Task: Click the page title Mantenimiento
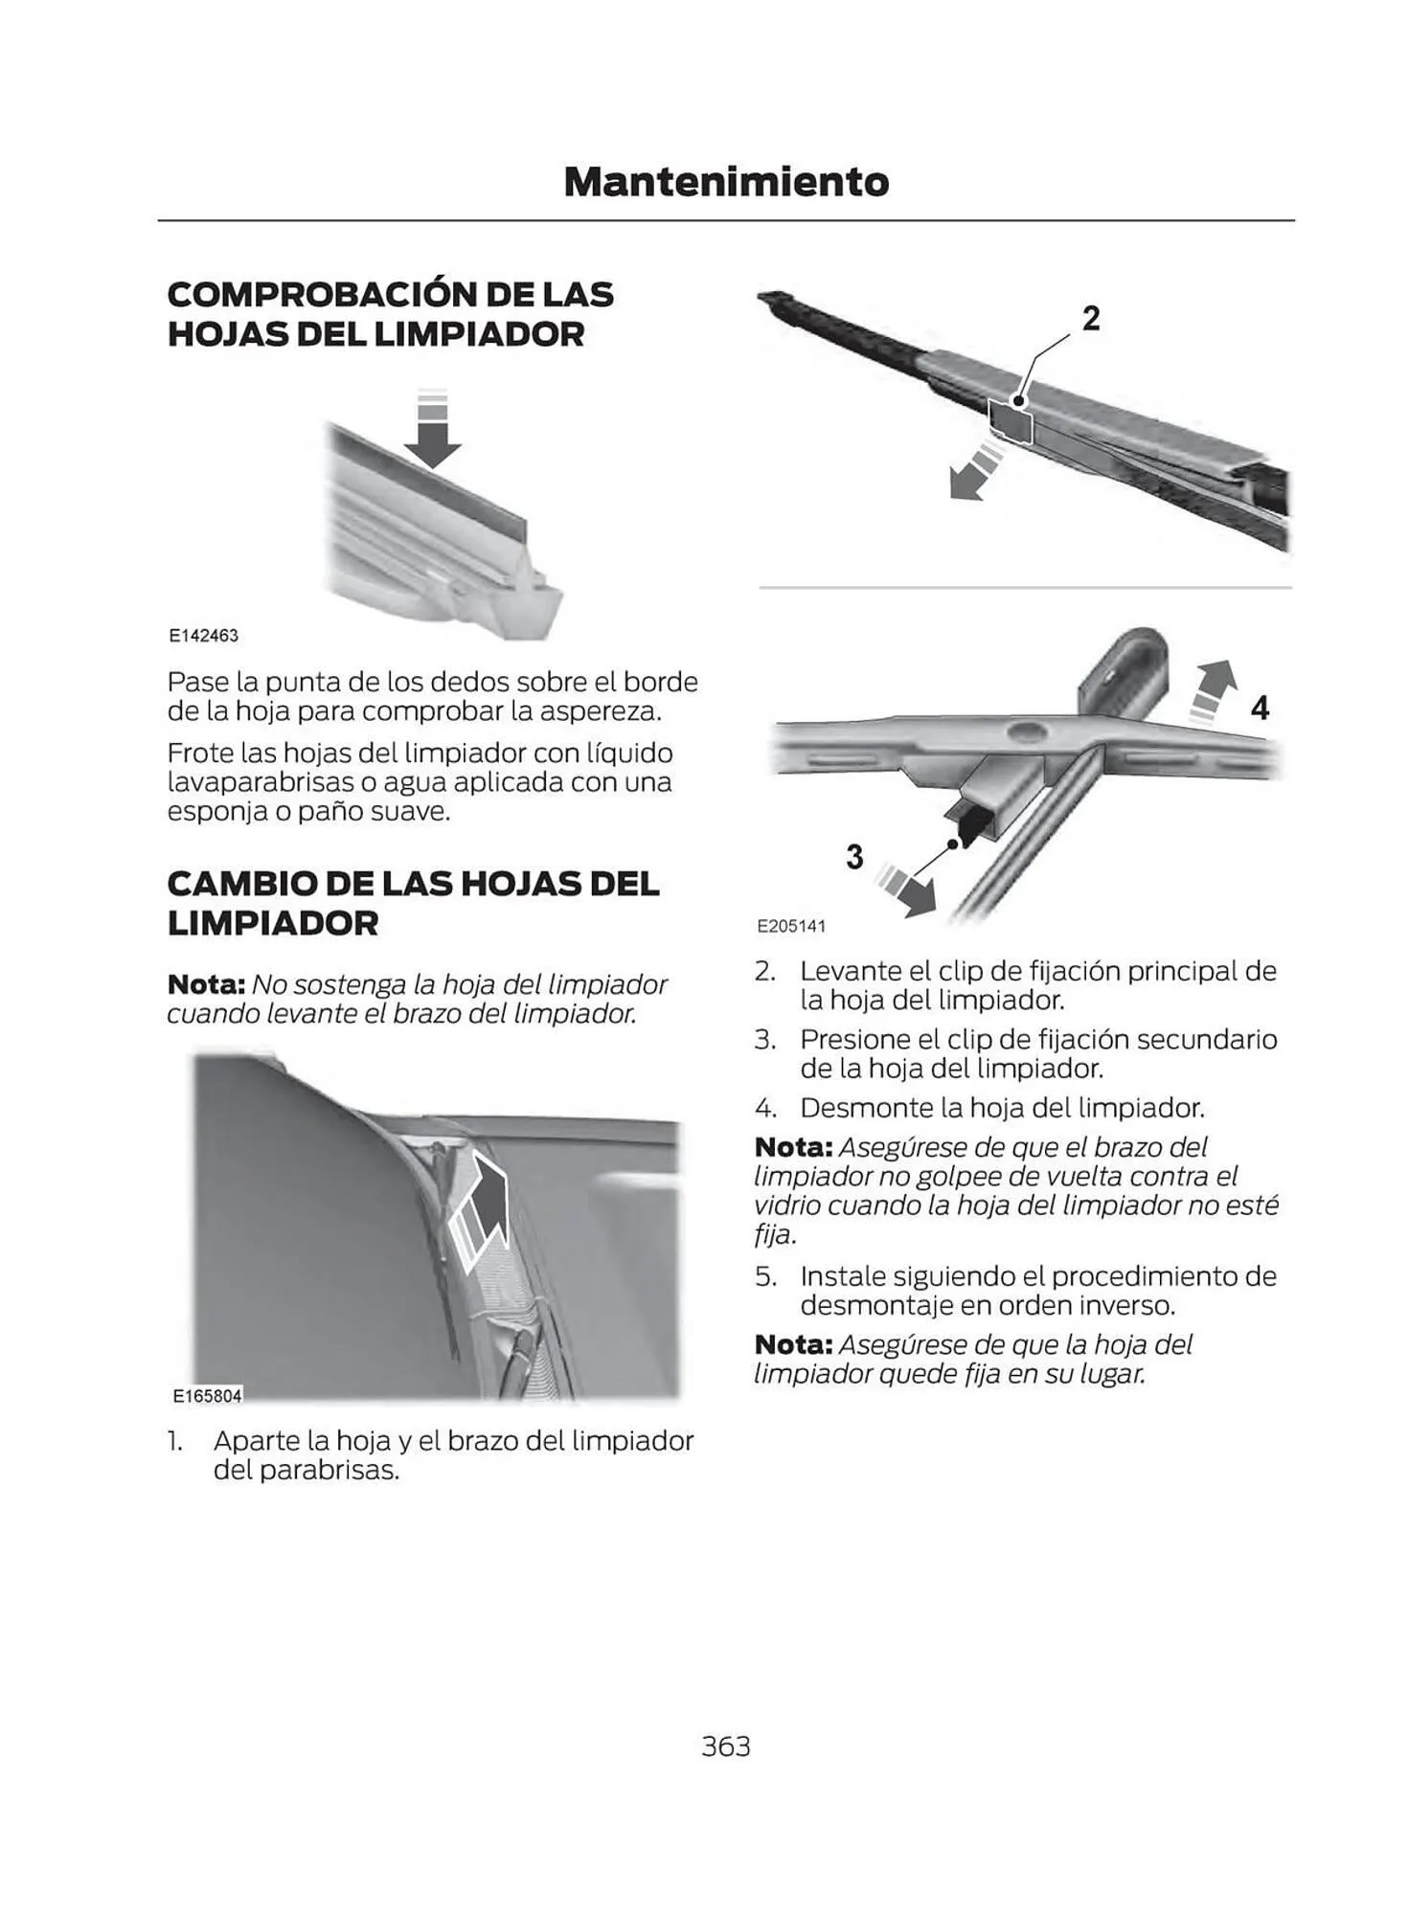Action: (725, 182)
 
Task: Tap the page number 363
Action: (725, 1746)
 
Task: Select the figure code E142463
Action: (203, 636)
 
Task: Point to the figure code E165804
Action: (207, 1396)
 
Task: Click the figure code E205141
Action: (790, 926)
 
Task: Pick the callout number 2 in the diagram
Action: (1090, 319)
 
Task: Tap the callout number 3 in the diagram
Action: (854, 856)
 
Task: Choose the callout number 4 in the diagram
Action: (1260, 708)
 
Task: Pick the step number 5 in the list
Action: (763, 1275)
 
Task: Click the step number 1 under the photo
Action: (173, 1440)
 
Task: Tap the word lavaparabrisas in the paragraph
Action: (260, 782)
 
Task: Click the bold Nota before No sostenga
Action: (206, 984)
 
